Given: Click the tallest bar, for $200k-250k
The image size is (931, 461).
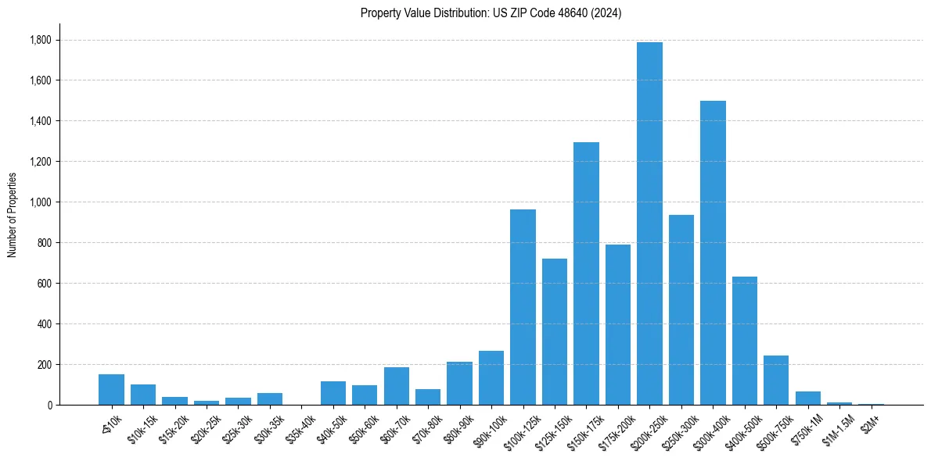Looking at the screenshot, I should pos(649,223).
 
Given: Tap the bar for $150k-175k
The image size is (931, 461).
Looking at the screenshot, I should pos(586,273).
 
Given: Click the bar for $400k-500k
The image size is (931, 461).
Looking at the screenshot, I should pos(745,341).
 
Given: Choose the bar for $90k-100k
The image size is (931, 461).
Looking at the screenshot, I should pos(491,378).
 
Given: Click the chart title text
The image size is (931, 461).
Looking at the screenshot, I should pos(491,13).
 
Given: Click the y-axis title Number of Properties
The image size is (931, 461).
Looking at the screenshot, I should pos(13,215).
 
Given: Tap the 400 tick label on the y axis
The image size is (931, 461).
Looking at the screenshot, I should pos(43,324).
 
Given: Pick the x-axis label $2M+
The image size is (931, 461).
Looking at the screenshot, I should pos(870,423).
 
